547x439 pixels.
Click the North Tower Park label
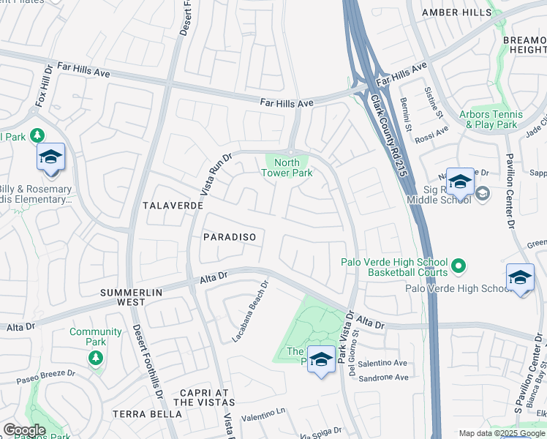click(287, 168)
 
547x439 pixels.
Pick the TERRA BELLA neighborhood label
click(147, 414)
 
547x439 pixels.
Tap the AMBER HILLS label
click(457, 12)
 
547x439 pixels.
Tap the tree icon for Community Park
click(95, 357)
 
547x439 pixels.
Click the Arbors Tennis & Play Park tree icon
click(469, 124)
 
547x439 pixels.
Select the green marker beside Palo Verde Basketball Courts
click(459, 267)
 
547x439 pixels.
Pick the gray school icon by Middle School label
click(481, 194)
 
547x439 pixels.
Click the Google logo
click(25, 430)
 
